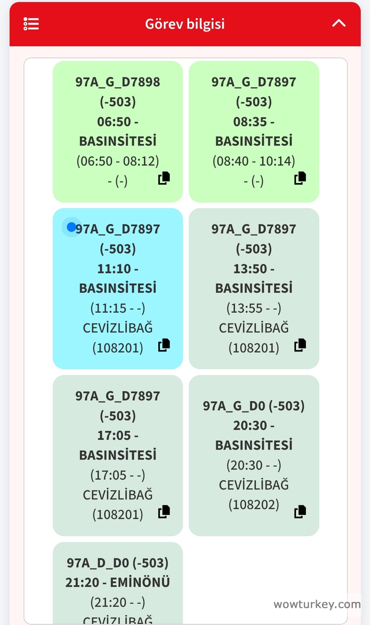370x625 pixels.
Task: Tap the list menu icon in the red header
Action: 31,24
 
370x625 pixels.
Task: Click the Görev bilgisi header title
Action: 185,24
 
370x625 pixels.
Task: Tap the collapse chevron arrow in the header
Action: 338,23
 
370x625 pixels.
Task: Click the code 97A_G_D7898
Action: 118,82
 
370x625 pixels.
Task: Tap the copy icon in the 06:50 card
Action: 164,178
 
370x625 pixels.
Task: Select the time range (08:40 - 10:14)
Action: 254,161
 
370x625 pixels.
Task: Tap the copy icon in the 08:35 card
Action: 300,178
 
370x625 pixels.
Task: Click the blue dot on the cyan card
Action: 71,227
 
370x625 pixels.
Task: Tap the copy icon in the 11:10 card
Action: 164,345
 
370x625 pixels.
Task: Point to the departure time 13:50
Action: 250,269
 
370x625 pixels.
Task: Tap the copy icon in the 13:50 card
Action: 300,345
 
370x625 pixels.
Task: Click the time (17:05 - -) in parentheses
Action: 118,475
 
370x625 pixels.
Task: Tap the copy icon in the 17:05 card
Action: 164,512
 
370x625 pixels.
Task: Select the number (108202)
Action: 254,504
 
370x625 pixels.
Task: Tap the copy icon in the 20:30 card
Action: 300,512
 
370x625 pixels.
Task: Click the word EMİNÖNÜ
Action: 140,582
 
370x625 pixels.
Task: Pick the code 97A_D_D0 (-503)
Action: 118,563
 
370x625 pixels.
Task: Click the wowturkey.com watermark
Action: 317,604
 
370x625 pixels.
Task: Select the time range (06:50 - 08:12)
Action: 118,161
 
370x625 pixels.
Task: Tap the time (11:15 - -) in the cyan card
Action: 118,308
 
